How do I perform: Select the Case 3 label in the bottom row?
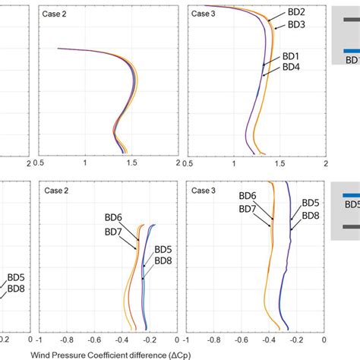click(204, 190)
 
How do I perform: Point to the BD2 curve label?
click(297, 12)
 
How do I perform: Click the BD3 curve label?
click(297, 24)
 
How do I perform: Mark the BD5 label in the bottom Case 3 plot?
click(311, 203)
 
